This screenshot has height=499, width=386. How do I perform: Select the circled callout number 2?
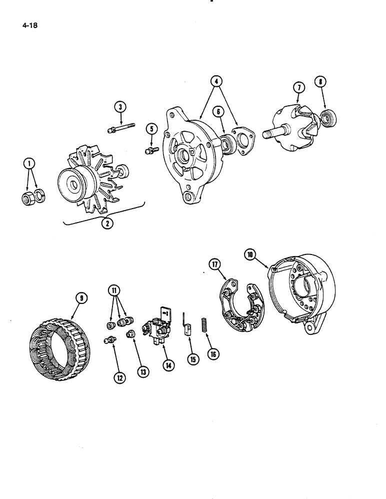(x=106, y=223)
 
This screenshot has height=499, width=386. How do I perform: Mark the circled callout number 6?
(x=218, y=113)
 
